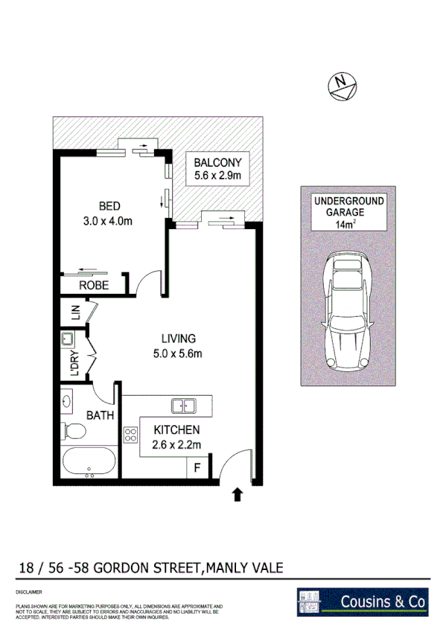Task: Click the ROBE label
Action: coord(95,285)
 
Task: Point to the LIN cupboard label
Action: coord(75,313)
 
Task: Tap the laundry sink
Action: coord(68,341)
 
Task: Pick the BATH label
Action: coord(100,415)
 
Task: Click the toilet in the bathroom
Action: coord(74,431)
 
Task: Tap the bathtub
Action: coord(89,462)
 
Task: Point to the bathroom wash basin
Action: coord(67,402)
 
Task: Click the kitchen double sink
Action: coord(183,406)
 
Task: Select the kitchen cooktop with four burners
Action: coord(131,434)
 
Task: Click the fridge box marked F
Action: coord(197,469)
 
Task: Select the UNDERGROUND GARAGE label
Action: coord(348,207)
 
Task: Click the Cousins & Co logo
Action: coord(363,601)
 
